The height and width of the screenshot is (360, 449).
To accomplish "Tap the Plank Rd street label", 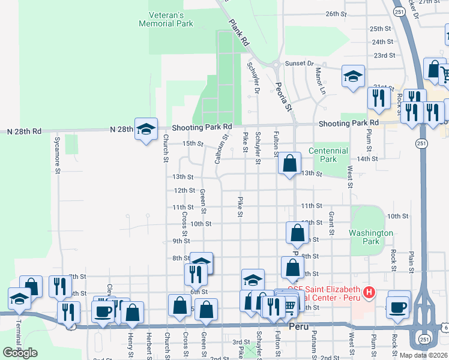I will [238, 32].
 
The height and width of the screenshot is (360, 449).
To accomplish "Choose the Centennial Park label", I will [328, 155].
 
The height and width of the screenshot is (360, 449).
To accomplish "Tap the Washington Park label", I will [372, 237].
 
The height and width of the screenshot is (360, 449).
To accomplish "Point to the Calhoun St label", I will [221, 149].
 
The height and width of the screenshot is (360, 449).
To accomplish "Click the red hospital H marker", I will [369, 293].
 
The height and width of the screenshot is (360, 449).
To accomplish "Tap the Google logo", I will [20, 353].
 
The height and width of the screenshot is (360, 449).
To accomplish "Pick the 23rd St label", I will [384, 55].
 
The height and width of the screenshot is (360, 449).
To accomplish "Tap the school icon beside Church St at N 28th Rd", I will [146, 129].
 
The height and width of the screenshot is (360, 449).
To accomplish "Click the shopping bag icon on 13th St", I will [289, 163].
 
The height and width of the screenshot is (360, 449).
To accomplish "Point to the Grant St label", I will [331, 222].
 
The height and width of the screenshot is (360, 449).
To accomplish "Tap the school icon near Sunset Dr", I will [353, 76].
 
